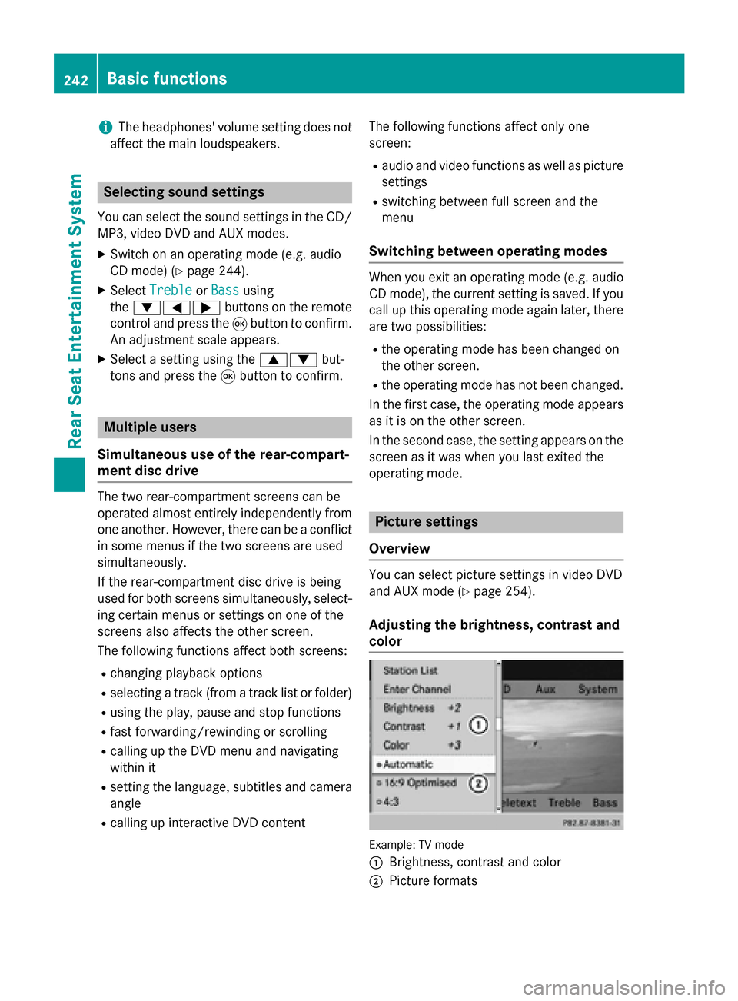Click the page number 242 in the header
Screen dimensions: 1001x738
[x=75, y=80]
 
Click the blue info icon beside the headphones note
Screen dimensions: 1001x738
[x=105, y=127]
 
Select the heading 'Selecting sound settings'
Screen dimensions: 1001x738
[x=184, y=192]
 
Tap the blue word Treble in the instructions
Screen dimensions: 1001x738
[x=171, y=290]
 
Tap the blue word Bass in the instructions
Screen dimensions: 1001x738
[x=225, y=290]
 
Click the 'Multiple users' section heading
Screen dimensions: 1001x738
[x=150, y=427]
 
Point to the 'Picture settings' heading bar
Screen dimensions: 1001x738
[x=426, y=522]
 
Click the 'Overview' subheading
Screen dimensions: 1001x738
[x=399, y=549]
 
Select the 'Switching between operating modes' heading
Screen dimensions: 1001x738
[x=487, y=251]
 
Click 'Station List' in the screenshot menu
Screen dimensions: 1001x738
[x=411, y=670]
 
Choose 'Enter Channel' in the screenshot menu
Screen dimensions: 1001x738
[x=417, y=689]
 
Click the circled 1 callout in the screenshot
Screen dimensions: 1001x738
[x=478, y=725]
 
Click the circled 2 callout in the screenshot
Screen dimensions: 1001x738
[x=478, y=783]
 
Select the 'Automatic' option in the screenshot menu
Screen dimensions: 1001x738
[x=407, y=764]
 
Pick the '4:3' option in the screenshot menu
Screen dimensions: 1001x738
[x=391, y=801]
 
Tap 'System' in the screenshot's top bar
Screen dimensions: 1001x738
[x=597, y=690]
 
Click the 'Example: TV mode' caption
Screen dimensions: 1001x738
[x=416, y=844]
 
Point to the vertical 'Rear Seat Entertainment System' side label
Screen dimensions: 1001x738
[x=75, y=311]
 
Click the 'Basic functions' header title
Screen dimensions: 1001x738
[x=167, y=78]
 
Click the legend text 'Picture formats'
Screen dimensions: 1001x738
[x=433, y=881]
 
